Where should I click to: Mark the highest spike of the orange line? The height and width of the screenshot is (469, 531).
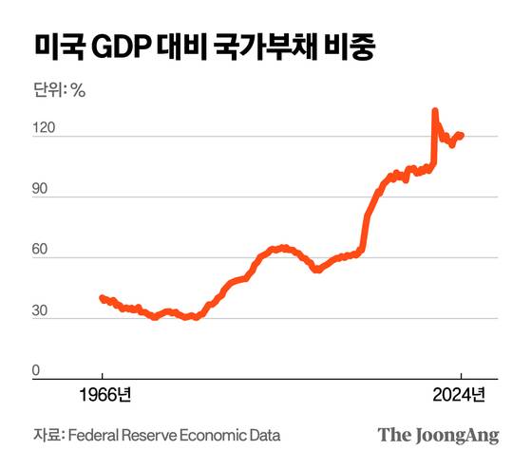point(434,111)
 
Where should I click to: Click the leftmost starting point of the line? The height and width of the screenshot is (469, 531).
point(102,297)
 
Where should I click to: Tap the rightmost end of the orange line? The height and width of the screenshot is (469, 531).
point(462,135)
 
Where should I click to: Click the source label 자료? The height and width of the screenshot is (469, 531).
point(48,435)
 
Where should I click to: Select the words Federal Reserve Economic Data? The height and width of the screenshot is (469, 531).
point(175,435)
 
